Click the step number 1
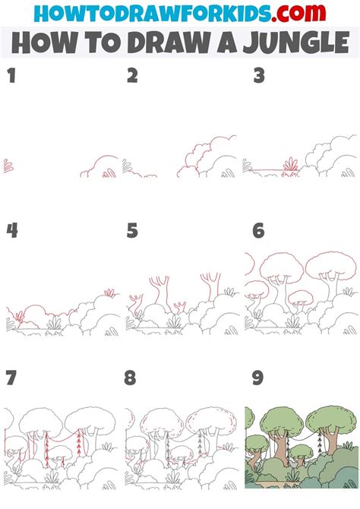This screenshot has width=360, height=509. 11,75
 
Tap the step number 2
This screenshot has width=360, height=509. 132,75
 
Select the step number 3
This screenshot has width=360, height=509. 259,75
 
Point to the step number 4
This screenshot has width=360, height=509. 12,230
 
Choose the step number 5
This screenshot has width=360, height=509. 132,230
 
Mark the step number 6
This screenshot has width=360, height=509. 258,230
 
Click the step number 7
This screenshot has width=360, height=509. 11,378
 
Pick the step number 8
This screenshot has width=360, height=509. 130,378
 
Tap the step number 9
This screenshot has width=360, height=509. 257,378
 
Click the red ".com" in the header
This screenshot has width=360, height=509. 298,13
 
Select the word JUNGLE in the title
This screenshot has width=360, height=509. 295,43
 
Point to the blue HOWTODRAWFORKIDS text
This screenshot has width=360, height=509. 152,14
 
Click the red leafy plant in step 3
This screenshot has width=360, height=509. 291,164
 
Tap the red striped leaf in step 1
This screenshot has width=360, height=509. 8,166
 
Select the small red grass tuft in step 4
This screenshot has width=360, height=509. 110,292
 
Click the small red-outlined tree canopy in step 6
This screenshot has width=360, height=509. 301,297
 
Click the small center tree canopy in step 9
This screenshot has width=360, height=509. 302,451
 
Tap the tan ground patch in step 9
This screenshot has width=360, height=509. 273,484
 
